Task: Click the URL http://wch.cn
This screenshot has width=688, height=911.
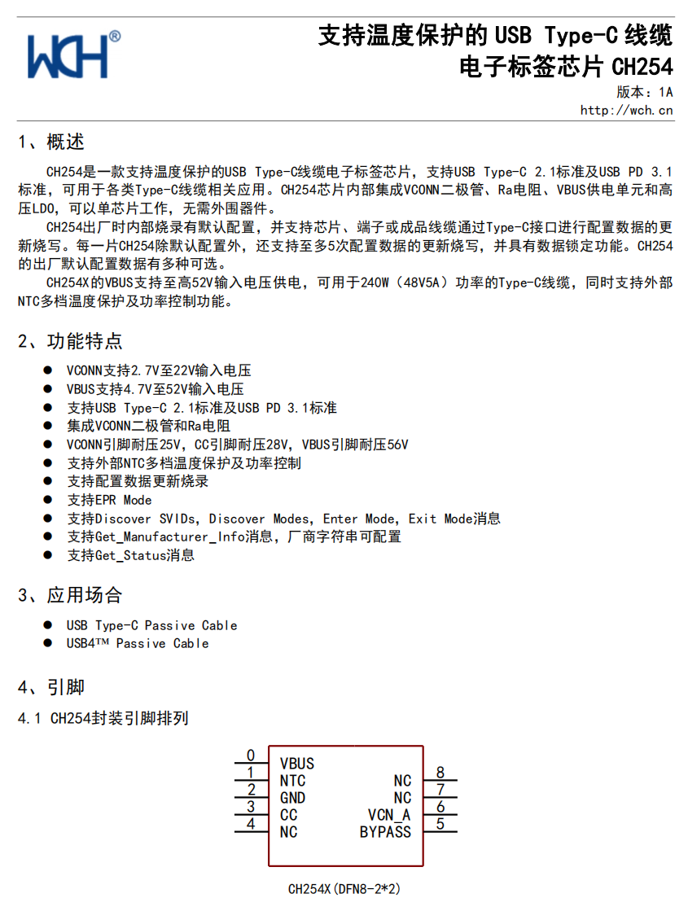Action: (626, 110)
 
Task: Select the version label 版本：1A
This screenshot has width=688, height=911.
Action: (644, 92)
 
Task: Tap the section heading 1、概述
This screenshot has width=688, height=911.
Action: (51, 142)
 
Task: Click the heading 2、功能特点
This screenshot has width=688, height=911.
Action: (70, 341)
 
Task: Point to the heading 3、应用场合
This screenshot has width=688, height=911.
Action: (70, 595)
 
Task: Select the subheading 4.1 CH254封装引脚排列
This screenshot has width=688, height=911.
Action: (103, 718)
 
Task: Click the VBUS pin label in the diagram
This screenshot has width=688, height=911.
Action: (296, 764)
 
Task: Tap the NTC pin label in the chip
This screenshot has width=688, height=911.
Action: (292, 781)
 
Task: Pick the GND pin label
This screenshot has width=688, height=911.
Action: (292, 798)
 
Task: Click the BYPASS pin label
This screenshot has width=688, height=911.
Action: (385, 832)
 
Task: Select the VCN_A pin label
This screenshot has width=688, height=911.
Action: (389, 815)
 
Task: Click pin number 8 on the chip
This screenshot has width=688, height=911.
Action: (440, 773)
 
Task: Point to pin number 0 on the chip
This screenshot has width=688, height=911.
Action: (251, 756)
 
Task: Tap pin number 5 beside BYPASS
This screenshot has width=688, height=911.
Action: (440, 824)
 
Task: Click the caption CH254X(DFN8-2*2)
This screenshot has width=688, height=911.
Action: (344, 888)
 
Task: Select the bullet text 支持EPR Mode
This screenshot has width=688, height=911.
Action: (109, 500)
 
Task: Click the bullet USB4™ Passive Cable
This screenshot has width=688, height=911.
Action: (138, 643)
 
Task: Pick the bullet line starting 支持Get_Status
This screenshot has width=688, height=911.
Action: (130, 555)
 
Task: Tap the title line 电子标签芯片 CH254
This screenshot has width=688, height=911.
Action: (566, 66)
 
